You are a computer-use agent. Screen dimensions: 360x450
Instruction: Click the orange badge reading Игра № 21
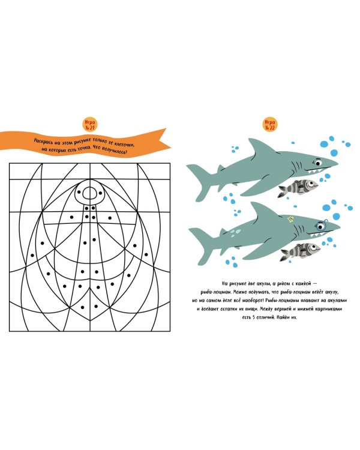click(x=90, y=124)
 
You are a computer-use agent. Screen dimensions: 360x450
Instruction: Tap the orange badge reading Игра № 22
click(x=270, y=124)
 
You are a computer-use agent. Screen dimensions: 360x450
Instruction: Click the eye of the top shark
click(x=318, y=163)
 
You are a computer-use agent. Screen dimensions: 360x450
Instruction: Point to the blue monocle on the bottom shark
click(x=321, y=226)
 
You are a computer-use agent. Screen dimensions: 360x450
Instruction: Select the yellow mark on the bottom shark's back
click(x=291, y=220)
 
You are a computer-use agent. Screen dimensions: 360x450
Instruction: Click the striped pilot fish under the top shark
click(x=298, y=188)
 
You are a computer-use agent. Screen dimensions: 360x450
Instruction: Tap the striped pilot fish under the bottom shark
click(x=300, y=251)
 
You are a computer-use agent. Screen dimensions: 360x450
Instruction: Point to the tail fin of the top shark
click(x=199, y=181)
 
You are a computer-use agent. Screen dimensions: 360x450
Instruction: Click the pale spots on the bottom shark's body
click(x=235, y=232)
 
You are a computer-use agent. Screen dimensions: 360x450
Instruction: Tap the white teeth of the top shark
click(x=314, y=172)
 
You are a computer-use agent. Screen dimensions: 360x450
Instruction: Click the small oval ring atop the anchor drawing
click(x=90, y=193)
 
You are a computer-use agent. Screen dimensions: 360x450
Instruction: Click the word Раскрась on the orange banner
click(x=44, y=142)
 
